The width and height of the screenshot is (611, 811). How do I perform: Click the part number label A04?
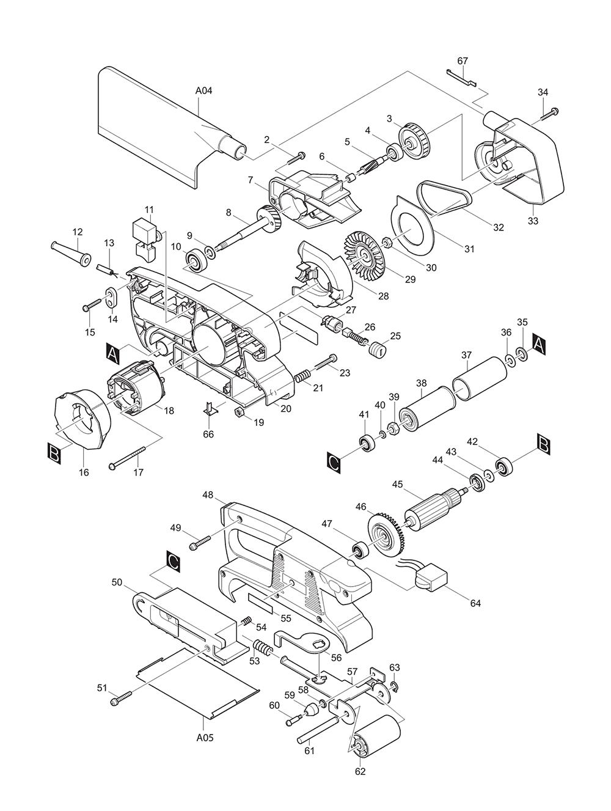pyautogui.click(x=203, y=91)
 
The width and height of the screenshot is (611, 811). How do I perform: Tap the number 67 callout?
pyautogui.click(x=463, y=61)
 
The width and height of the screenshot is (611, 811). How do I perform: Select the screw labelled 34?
pyautogui.click(x=549, y=114)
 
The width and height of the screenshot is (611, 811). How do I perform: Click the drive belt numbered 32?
pyautogui.click(x=444, y=199)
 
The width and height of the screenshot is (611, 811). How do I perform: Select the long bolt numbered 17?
pyautogui.click(x=128, y=458)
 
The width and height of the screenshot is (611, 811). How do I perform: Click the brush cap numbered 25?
pyautogui.click(x=377, y=349)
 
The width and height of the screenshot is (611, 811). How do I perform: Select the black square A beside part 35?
pyautogui.click(x=538, y=344)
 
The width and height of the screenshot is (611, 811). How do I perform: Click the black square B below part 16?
pyautogui.click(x=54, y=454)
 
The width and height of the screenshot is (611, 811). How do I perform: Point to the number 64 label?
pyautogui.click(x=475, y=603)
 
